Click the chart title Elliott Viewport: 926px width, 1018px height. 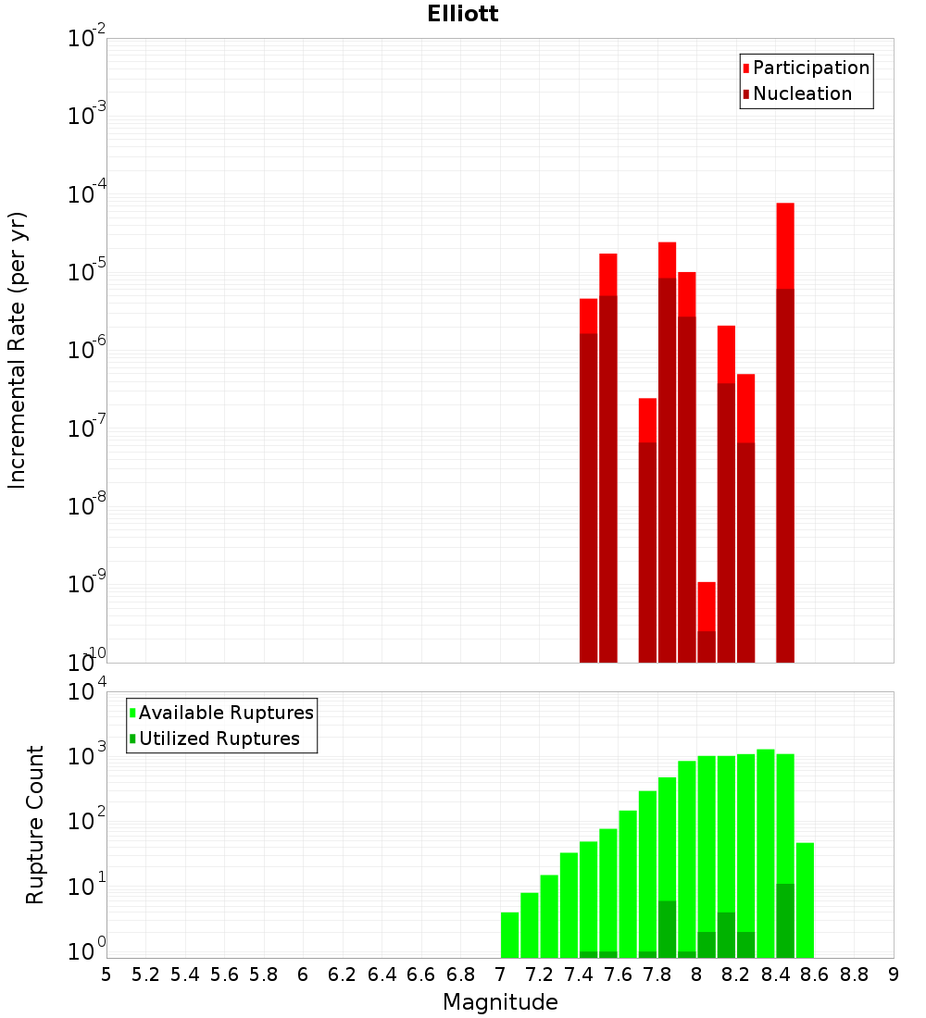coord(462,14)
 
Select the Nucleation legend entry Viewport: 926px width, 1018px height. coord(801,93)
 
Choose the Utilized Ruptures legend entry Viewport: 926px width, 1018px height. coord(219,739)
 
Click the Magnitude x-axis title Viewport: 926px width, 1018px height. coord(500,1002)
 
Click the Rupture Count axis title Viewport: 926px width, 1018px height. coord(35,824)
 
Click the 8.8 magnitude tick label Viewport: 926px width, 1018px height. coord(854,975)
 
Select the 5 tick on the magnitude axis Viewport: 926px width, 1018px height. coord(106,975)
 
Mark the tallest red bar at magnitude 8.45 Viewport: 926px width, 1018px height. coord(785,245)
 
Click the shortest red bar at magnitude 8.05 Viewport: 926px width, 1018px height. coord(707,606)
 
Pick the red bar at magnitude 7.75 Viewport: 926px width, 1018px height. coord(647,421)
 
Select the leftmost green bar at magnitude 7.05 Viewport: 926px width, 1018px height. coord(509,935)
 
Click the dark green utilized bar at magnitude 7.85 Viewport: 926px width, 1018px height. coord(667,929)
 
